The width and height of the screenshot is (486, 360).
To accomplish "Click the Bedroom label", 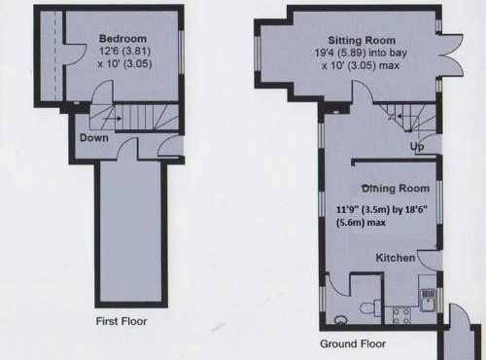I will click(x=122, y=39).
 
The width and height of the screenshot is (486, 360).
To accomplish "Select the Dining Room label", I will click(x=395, y=188).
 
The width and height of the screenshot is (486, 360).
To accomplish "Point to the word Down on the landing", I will click(x=94, y=138).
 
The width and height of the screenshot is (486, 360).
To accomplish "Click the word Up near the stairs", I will click(x=418, y=147).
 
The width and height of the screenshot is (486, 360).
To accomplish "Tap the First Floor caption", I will click(x=121, y=320).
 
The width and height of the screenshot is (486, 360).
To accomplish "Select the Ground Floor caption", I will click(x=353, y=343).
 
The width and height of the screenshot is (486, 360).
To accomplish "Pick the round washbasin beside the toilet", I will click(x=339, y=317).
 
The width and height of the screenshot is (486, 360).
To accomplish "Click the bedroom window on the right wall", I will click(x=182, y=52).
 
